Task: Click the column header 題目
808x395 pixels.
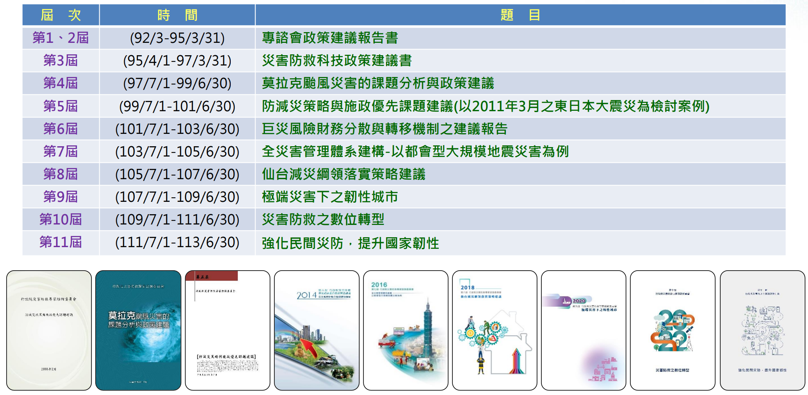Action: tap(520, 15)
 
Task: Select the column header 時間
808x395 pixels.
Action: tap(177, 15)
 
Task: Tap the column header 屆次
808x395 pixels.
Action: tap(61, 15)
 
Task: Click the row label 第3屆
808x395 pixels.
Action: tap(61, 61)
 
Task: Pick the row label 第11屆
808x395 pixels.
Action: tap(61, 242)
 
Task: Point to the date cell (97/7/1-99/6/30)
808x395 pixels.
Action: tap(177, 83)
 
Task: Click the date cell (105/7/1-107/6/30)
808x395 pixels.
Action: tap(177, 174)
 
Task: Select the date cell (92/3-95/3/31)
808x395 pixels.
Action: tap(177, 38)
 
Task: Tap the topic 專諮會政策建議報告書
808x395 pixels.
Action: tap(330, 38)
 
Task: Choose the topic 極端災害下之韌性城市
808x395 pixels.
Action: tap(330, 197)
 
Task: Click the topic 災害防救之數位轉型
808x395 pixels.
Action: tap(323, 220)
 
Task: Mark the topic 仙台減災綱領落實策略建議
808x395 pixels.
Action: tap(344, 174)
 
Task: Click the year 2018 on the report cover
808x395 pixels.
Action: tap(467, 287)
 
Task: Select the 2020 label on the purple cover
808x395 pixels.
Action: tap(579, 301)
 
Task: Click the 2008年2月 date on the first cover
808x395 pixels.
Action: tap(49, 369)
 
